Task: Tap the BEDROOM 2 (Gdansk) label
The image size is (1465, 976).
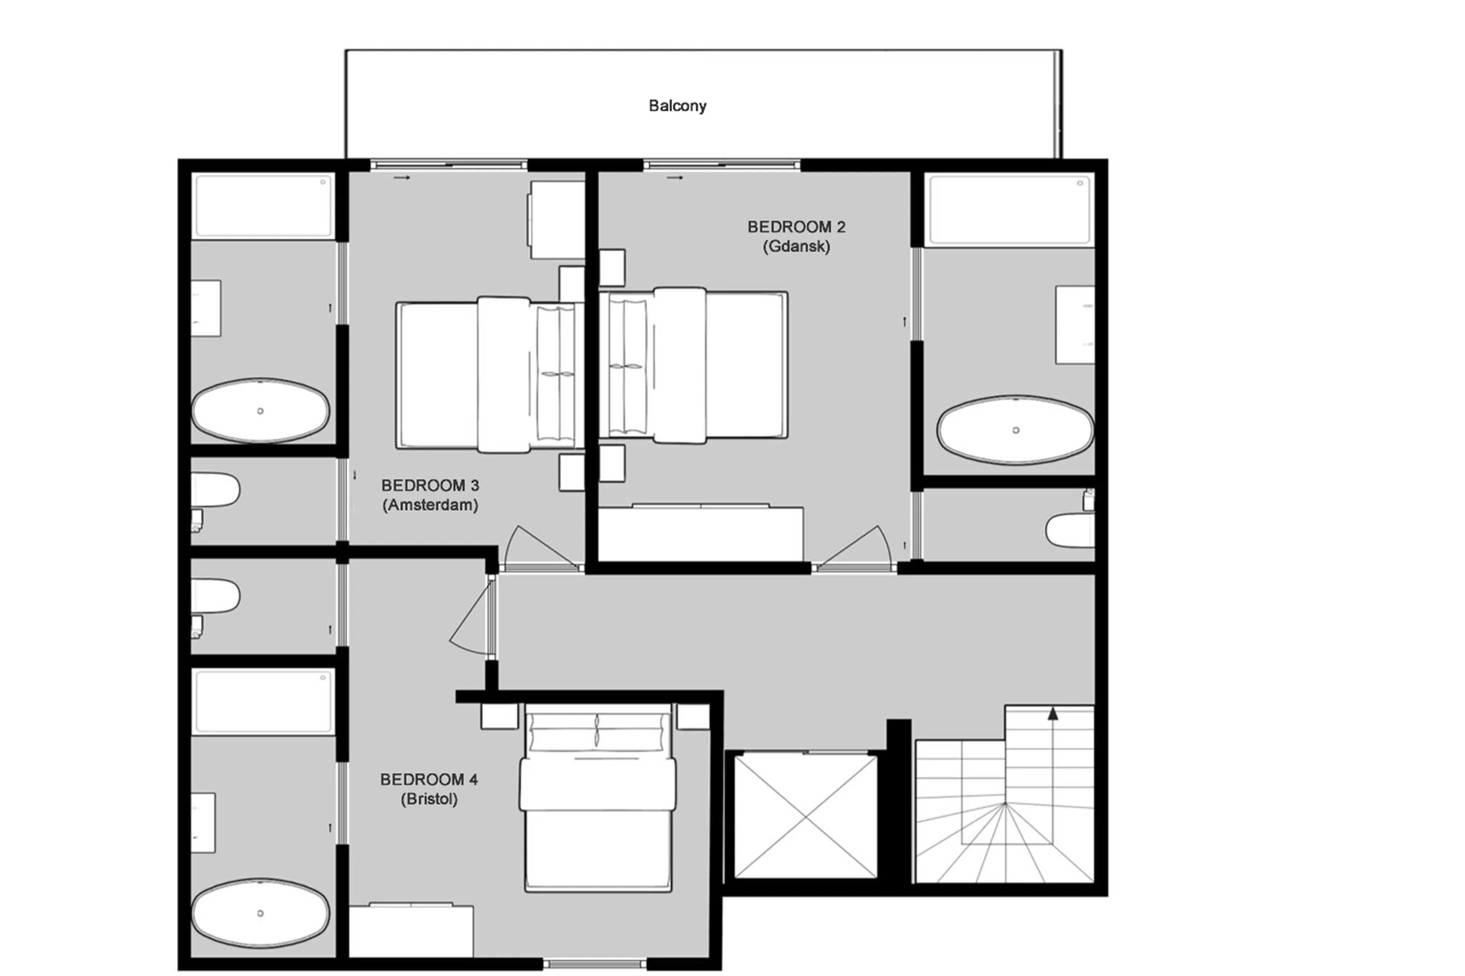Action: pyautogui.click(x=796, y=236)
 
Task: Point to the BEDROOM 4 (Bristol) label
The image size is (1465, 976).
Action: pyautogui.click(x=428, y=789)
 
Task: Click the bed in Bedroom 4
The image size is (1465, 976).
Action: pyautogui.click(x=598, y=803)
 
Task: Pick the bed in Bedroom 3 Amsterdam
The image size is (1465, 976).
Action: pyautogui.click(x=489, y=375)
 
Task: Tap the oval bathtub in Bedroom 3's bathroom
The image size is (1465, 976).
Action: pyautogui.click(x=260, y=411)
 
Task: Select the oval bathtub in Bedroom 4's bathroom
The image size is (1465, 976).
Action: pyautogui.click(x=260, y=913)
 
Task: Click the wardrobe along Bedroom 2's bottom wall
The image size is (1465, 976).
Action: pyautogui.click(x=700, y=534)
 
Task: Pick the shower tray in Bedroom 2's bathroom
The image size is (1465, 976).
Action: pyautogui.click(x=1009, y=211)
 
